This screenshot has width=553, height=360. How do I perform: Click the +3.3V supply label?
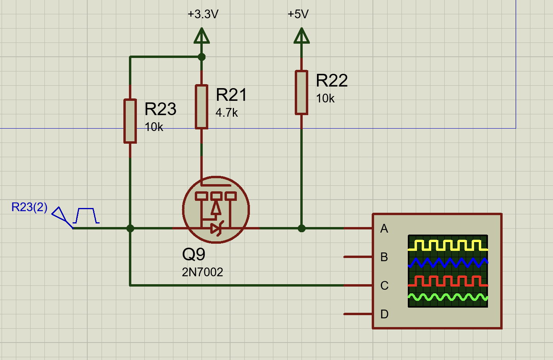[203, 14]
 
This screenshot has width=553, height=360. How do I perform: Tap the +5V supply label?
[298, 14]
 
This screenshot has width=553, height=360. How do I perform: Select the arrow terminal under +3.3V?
[202, 36]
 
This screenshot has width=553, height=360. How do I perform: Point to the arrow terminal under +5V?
[301, 36]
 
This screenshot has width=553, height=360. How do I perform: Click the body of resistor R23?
[130, 121]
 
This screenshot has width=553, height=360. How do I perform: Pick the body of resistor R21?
[202, 107]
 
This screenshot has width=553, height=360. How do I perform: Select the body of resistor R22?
[301, 92]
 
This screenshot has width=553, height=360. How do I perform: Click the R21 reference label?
[231, 94]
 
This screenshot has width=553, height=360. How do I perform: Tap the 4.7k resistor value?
[227, 113]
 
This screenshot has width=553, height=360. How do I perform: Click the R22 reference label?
[332, 80]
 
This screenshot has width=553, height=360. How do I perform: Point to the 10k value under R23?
[154, 127]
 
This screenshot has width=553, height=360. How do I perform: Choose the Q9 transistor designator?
[194, 254]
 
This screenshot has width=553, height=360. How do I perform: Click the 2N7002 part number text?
[202, 272]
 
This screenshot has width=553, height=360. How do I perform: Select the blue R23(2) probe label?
[29, 207]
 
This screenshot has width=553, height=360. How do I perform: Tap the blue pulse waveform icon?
[86, 216]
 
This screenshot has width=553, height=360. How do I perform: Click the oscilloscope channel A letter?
[384, 229]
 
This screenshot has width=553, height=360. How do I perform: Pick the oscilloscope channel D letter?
[384, 314]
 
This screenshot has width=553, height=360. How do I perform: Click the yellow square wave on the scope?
[448, 245]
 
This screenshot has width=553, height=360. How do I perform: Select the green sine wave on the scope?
[448, 297]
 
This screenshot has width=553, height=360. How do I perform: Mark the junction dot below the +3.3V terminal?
[202, 57]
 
